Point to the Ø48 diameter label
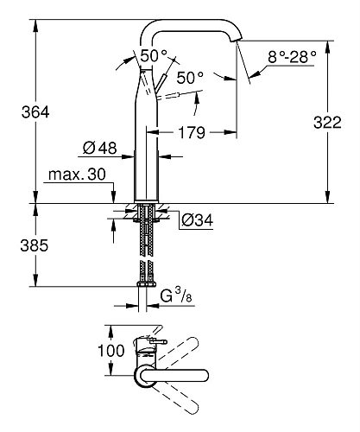[x=102, y=149]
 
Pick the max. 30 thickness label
[x=77, y=175]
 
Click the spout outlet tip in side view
[x=238, y=40]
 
